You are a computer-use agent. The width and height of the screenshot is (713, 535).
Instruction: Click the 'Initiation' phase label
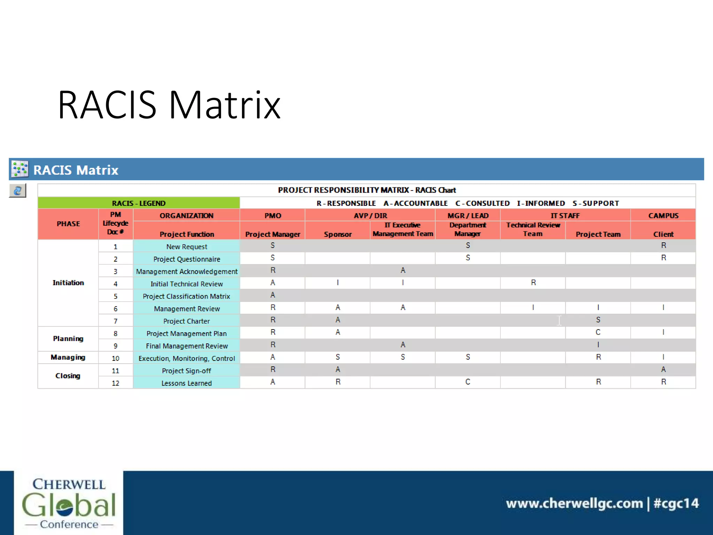[68, 283]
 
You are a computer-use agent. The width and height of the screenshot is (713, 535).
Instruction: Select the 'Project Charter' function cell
[187, 321]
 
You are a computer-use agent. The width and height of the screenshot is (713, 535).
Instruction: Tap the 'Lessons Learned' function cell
[187, 383]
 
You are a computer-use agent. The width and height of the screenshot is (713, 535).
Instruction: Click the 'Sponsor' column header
[338, 234]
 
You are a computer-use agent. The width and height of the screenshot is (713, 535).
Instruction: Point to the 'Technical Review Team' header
[533, 230]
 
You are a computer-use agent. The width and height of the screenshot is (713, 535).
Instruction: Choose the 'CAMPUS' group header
[663, 216]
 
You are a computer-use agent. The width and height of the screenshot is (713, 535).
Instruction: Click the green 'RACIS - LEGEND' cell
[139, 203]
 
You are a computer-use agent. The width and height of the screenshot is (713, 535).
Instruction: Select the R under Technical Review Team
[533, 282]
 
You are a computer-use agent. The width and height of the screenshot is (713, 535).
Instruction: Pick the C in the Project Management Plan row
[598, 332]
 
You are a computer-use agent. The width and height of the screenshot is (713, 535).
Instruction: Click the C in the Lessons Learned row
[468, 382]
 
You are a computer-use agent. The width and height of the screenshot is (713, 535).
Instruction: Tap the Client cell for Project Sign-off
[663, 370]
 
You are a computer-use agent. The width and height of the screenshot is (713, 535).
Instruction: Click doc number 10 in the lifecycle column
[116, 358]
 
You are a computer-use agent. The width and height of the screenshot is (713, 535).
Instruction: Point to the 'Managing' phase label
[68, 357]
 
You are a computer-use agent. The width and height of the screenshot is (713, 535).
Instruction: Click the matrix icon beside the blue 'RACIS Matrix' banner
[19, 169]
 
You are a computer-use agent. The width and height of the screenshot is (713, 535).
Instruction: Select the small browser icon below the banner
[17, 191]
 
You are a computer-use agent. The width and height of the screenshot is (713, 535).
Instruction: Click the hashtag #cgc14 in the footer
[676, 503]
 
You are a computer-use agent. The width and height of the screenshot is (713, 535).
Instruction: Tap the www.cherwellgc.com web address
[574, 503]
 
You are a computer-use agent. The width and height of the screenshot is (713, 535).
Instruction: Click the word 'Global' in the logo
[69, 505]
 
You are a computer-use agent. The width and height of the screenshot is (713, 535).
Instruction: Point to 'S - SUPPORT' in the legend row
[596, 203]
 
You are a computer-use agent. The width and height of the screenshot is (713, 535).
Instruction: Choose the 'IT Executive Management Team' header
[403, 230]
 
